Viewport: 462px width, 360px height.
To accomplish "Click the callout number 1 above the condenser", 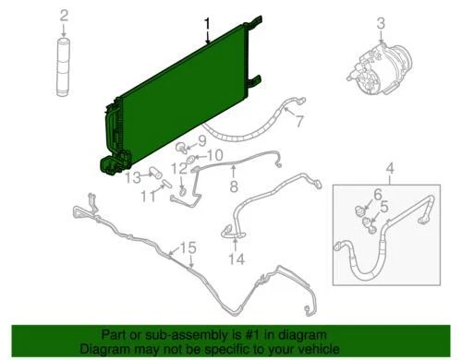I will click(207, 23).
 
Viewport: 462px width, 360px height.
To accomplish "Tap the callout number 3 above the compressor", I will click(380, 23).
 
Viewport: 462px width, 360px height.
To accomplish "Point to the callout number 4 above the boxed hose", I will click(389, 167).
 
